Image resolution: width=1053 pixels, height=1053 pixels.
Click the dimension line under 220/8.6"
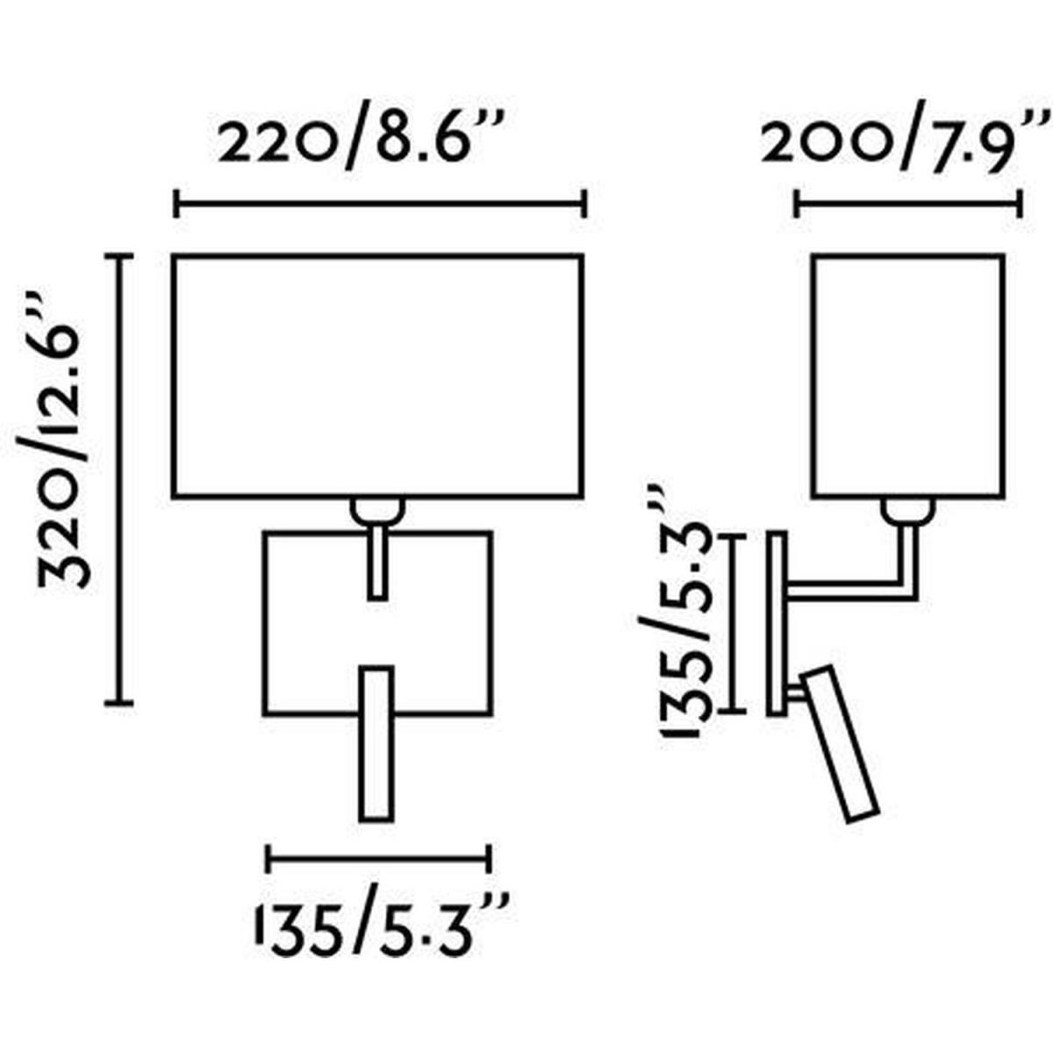(x=380, y=204)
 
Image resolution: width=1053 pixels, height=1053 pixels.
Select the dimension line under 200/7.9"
(x=907, y=204)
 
